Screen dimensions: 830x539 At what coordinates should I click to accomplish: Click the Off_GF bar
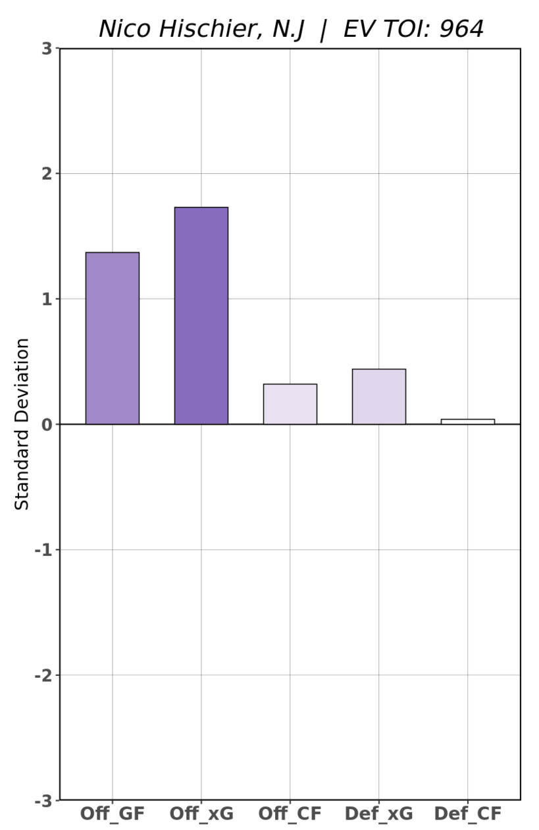coord(112,338)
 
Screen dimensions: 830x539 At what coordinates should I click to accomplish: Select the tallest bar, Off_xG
coord(201,316)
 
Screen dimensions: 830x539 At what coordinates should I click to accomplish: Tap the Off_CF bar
coord(290,404)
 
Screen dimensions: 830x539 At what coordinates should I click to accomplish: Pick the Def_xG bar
coord(378,397)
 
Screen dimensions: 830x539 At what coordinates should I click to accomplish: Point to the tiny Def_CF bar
coord(467,422)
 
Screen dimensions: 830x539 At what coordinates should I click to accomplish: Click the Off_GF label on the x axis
coord(112,814)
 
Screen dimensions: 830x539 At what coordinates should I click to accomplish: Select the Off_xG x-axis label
coord(201,814)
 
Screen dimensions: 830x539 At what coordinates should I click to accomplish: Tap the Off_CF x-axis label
coord(290,814)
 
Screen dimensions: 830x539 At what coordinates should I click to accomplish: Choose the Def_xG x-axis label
coord(378,814)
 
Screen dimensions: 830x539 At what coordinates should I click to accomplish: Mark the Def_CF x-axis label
coord(467,814)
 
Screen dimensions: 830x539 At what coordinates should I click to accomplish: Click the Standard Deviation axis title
coord(22,424)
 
